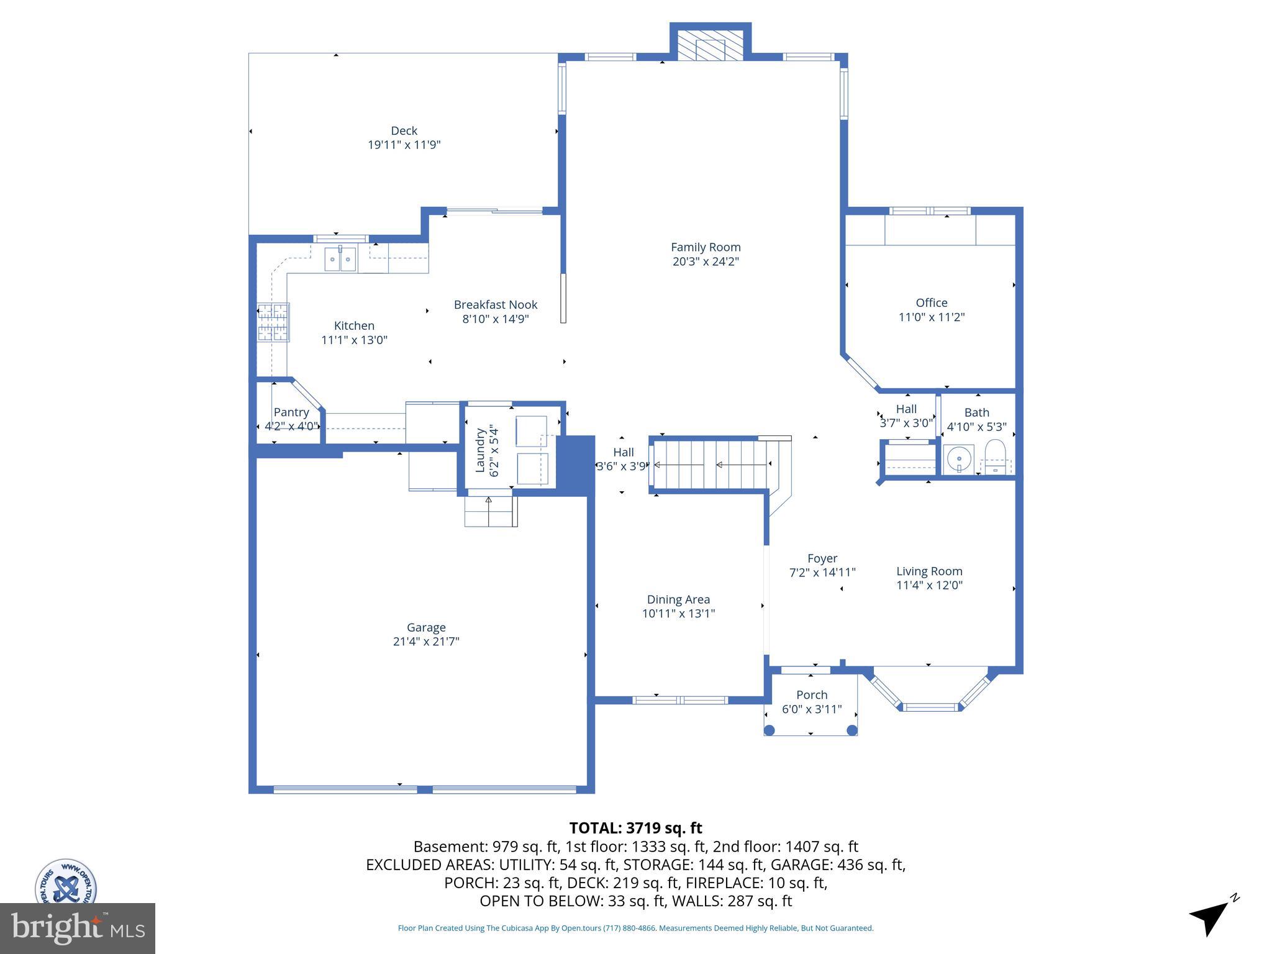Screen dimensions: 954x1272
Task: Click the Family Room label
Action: pos(706,247)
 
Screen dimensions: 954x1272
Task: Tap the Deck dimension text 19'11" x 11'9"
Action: pos(404,145)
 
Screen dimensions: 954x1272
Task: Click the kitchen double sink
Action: pos(340,259)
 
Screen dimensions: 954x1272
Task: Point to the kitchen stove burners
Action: pos(273,322)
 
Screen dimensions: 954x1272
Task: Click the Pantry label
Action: pos(291,412)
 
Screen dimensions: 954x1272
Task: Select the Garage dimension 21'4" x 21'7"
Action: pos(425,642)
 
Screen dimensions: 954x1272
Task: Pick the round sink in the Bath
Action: pos(958,459)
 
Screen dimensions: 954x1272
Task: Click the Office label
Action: pos(931,303)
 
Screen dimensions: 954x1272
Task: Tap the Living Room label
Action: pos(929,571)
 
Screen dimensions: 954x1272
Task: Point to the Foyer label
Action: pos(822,558)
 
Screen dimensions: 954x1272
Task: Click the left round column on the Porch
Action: pos(769,730)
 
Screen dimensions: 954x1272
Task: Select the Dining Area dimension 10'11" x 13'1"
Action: pos(678,614)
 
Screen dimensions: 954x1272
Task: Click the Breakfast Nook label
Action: pos(495,305)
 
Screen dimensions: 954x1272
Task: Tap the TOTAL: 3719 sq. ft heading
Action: pos(635,828)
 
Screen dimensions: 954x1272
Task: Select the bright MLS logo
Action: pos(77,928)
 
